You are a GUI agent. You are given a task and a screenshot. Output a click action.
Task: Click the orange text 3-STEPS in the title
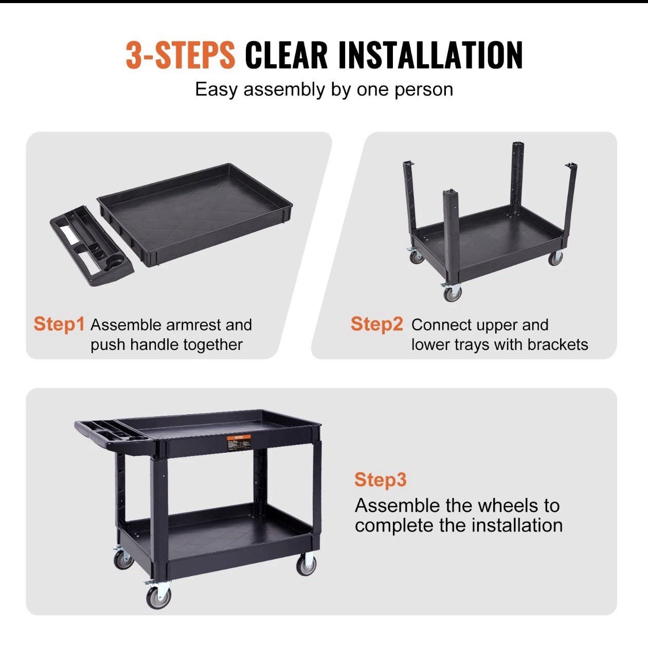(x=180, y=55)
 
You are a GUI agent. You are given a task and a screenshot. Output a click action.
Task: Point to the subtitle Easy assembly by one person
(x=324, y=89)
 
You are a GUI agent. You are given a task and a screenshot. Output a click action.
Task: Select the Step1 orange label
(x=59, y=324)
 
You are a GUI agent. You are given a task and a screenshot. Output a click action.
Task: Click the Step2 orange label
(x=376, y=324)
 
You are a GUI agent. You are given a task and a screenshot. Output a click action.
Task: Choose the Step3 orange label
(x=380, y=479)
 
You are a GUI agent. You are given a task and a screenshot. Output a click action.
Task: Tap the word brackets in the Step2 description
(x=557, y=344)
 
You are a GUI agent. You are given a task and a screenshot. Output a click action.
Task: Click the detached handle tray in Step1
(x=91, y=245)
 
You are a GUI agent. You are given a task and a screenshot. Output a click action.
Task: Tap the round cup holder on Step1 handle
(x=114, y=265)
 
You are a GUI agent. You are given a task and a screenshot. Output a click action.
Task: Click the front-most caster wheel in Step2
(x=453, y=293)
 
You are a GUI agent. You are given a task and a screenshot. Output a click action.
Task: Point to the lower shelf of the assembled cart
(x=216, y=534)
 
